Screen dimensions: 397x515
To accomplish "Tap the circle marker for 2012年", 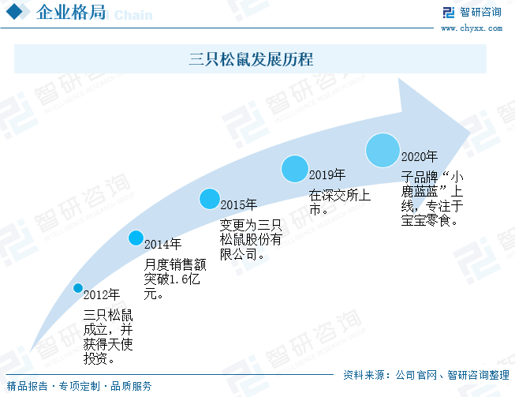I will point(78,288).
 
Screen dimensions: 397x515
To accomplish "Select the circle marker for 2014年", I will point(136,237).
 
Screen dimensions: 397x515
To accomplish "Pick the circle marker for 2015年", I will point(209,199).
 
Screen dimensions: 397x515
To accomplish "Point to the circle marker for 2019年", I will point(294,168).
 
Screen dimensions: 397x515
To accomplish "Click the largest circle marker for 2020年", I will point(383,149).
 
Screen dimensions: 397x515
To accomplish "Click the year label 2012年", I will point(102,295).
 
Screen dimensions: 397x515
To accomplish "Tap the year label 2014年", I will point(162,244).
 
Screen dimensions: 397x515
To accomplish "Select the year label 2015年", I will point(238,205).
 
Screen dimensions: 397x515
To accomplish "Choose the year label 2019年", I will point(327,174).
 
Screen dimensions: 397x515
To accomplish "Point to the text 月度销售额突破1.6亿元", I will point(170,277).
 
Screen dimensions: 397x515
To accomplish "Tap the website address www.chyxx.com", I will point(471,28).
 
